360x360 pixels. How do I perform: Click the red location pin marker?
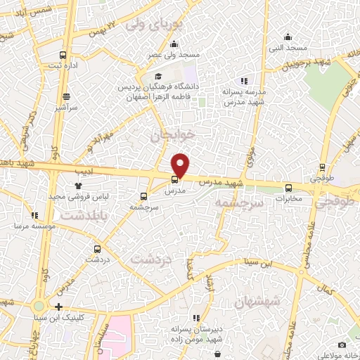point(181,165)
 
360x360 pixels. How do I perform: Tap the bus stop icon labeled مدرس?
point(175,179)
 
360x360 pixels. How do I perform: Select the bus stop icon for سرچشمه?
point(143,197)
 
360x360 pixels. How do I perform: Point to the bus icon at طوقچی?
point(323,167)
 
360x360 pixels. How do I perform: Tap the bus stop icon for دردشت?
point(98,248)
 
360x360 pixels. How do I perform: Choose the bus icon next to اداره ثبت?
point(63,55)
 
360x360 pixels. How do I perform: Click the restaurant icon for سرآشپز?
point(66,97)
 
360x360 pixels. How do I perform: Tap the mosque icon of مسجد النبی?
point(287,37)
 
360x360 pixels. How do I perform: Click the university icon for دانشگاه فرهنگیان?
point(159,76)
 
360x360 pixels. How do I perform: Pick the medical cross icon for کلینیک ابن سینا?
point(58,307)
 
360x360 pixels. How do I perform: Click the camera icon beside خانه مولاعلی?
point(342,345)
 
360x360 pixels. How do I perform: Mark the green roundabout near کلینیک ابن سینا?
point(38,307)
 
